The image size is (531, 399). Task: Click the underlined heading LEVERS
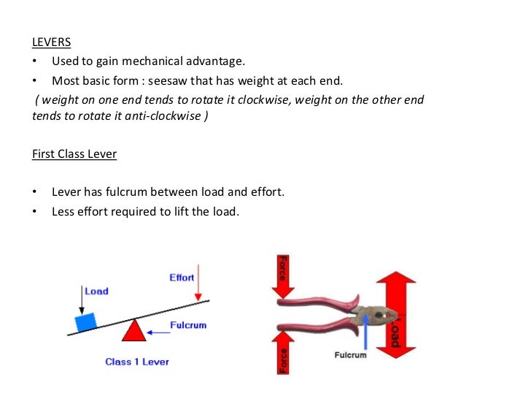pos(52,42)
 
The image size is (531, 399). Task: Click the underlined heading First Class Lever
pos(74,154)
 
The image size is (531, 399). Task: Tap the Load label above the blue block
pos(96,291)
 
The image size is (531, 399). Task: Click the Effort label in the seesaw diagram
pos(182,278)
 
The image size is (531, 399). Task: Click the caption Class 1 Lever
pos(137,361)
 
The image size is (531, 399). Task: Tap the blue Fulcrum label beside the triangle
pos(187,324)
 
